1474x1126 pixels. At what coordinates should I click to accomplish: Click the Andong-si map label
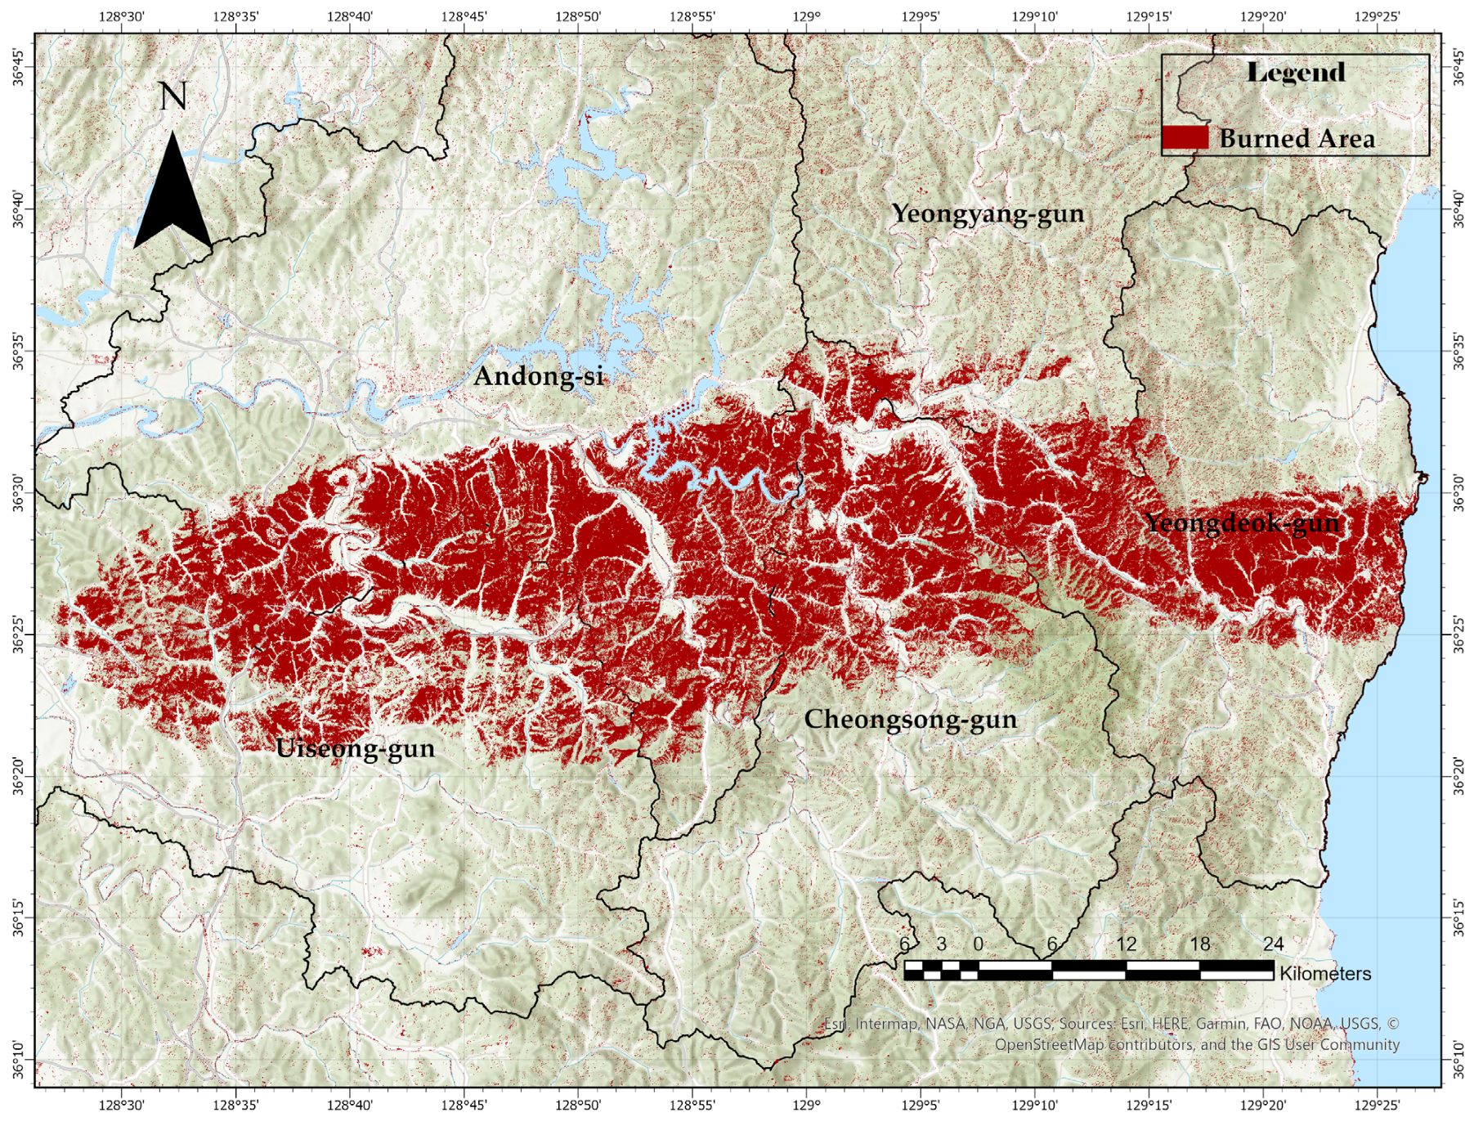click(538, 376)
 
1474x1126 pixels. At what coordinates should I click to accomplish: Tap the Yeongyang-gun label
click(988, 213)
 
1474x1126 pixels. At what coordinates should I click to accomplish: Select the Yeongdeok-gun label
click(1241, 523)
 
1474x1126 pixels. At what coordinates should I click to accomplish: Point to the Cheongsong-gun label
click(910, 719)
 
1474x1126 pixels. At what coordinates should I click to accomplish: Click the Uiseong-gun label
click(355, 748)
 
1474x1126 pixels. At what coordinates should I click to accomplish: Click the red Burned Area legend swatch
click(1185, 137)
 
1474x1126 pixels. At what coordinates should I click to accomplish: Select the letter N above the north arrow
click(172, 96)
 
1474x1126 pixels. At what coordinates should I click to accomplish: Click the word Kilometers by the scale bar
click(1325, 973)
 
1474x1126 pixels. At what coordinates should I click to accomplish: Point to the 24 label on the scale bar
click(1273, 944)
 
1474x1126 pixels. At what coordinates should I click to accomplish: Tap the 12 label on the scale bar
click(1126, 944)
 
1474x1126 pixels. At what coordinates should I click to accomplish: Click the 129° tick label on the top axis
click(806, 16)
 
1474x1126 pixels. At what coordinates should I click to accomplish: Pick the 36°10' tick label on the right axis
click(1458, 1059)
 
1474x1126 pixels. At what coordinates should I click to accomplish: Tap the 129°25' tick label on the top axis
click(1377, 16)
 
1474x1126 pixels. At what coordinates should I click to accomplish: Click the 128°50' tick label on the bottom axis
click(577, 1106)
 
